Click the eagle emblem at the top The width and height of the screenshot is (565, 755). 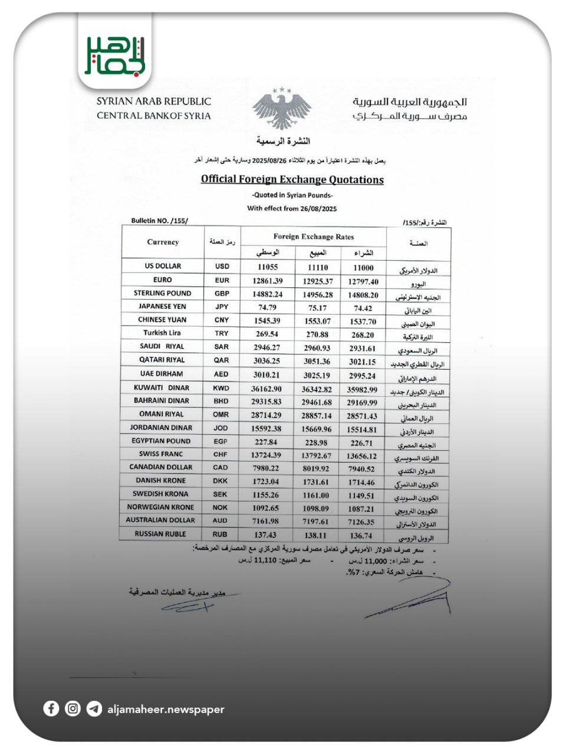[x=281, y=110]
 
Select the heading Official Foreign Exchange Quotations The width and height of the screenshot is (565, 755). [x=292, y=179]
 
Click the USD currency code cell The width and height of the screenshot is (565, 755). [x=222, y=267]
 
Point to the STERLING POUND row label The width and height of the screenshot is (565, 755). [x=162, y=293]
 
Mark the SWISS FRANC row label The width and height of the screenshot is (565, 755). [x=161, y=454]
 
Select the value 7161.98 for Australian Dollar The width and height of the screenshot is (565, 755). [x=265, y=521]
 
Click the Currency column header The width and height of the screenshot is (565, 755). [x=163, y=242]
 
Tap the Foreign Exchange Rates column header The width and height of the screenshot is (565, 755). [x=313, y=237]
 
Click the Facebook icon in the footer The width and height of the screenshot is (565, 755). [x=51, y=708]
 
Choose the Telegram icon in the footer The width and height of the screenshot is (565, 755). [x=94, y=708]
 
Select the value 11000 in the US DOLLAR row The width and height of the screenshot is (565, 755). [x=363, y=268]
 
